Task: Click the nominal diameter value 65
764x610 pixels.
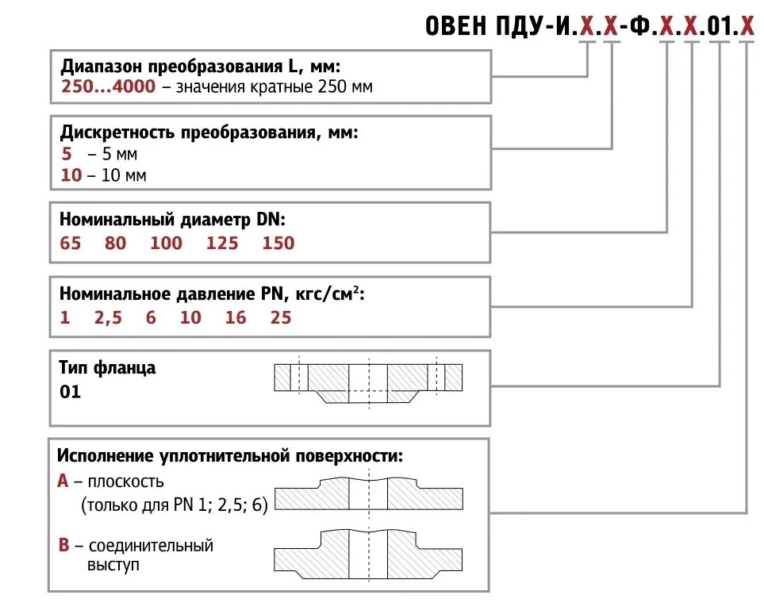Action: point(70,244)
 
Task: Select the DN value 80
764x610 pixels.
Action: point(115,244)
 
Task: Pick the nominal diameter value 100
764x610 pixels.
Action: point(166,244)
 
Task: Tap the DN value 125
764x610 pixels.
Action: point(222,244)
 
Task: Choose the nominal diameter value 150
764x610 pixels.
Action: point(278,244)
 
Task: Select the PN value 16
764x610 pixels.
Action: point(236,318)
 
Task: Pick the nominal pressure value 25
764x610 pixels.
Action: point(281,318)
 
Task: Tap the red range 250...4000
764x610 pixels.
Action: point(108,87)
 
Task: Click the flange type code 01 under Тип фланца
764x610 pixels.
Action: point(70,392)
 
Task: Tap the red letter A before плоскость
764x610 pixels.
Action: point(63,481)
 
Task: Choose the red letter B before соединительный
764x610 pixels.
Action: point(63,546)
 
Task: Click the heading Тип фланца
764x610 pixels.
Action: point(108,368)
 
